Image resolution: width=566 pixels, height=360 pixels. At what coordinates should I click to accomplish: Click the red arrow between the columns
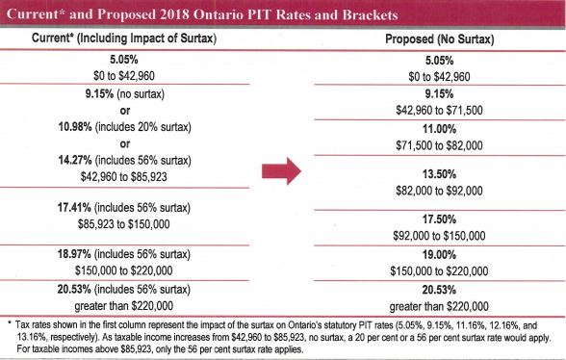(282, 171)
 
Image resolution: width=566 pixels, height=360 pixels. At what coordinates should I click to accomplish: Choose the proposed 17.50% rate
(440, 218)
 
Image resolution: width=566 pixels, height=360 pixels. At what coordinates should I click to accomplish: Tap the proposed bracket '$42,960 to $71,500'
(440, 109)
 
